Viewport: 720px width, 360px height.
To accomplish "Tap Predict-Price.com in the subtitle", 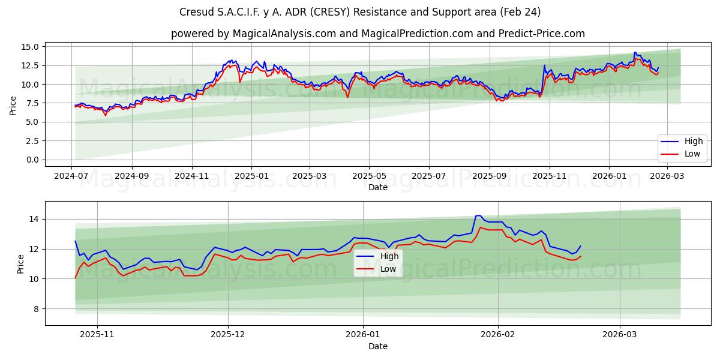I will pos(542,34).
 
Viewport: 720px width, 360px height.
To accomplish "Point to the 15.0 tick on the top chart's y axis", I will pos(30,47).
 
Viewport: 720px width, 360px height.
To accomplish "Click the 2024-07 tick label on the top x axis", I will pos(72,176).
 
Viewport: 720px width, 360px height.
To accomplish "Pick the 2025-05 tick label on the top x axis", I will pos(369,176).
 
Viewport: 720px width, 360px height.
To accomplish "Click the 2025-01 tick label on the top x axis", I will pos(251,176).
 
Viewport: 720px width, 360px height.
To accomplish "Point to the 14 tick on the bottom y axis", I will pos(35,220).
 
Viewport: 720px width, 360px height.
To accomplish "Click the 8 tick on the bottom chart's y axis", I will pos(35,309).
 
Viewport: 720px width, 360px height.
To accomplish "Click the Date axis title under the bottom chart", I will pos(378,346).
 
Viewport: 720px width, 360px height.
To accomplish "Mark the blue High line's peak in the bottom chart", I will pos(478,215).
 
